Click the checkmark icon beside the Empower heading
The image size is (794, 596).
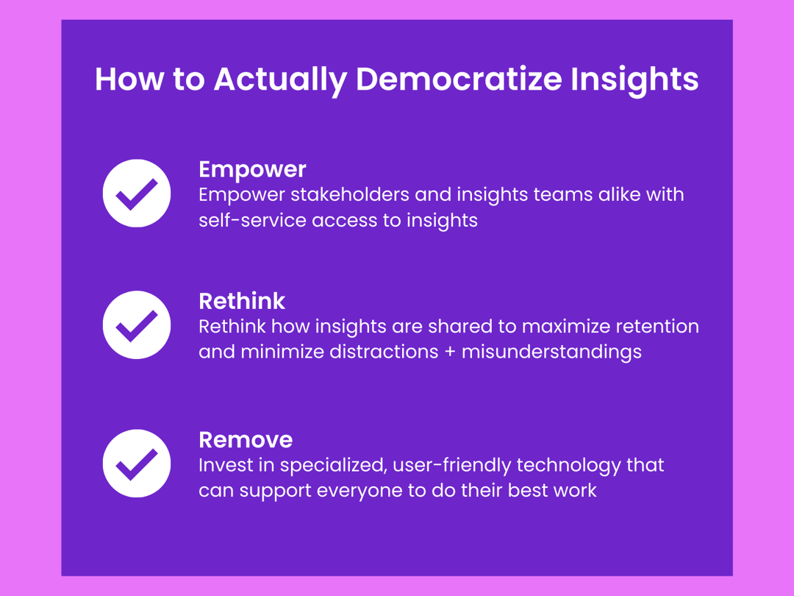click(137, 194)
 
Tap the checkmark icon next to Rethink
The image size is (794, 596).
click(137, 324)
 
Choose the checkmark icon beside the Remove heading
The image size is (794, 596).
click(137, 464)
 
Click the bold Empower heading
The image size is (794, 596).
click(252, 169)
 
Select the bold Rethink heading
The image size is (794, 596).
click(242, 301)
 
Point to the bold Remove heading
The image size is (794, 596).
click(246, 440)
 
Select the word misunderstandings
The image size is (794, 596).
click(551, 352)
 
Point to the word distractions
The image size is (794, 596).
click(383, 352)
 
